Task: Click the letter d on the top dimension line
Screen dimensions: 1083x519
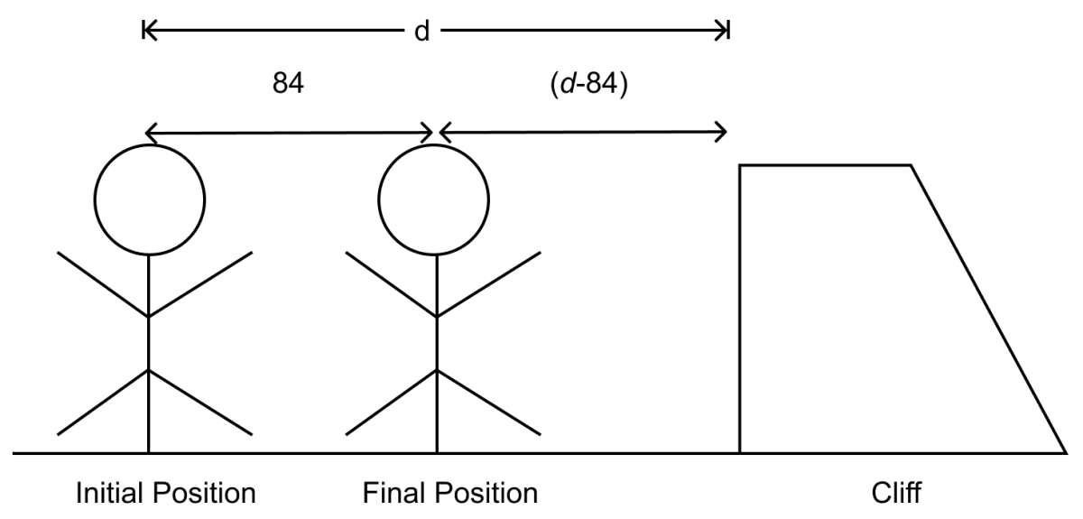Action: click(421, 32)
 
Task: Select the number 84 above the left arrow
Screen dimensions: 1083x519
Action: click(288, 83)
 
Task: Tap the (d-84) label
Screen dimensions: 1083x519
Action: click(588, 84)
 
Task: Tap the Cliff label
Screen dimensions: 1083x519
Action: click(896, 493)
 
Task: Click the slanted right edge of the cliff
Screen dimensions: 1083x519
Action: click(988, 309)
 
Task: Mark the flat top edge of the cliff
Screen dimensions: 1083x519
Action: click(825, 165)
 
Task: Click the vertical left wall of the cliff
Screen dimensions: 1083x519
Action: click(740, 309)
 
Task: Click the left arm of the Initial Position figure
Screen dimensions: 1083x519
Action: click(103, 284)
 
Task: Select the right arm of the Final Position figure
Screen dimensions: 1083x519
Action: click(489, 284)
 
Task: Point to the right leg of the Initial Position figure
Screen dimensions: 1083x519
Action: click(200, 403)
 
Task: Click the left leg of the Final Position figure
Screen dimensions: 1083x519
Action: click(391, 403)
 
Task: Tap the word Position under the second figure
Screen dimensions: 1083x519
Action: click(486, 493)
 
